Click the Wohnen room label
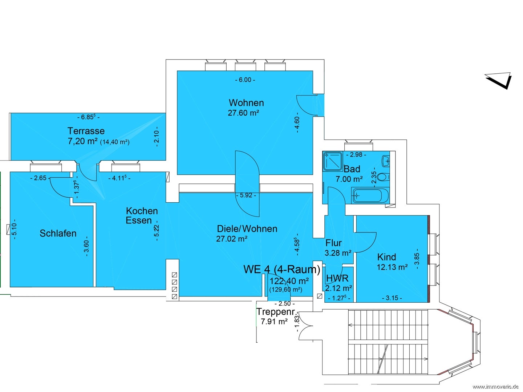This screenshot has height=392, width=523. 246,103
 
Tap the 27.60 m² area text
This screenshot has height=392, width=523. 243,113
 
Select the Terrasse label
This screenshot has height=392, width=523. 86,131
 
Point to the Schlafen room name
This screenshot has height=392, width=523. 58,233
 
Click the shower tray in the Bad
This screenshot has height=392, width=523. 333,161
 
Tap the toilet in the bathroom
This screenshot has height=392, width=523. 383,177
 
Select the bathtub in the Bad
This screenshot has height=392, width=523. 370,196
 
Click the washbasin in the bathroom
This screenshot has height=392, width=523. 386,161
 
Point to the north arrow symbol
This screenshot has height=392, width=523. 499,81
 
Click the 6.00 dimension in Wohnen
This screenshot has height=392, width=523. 245,80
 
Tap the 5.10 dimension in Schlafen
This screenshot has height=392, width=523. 14,229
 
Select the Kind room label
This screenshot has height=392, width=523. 386,257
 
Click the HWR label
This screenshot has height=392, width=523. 337,278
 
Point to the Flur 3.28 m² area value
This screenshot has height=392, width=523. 338,253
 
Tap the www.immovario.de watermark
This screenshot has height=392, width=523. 495,387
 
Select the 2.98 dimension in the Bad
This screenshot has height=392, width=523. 356,155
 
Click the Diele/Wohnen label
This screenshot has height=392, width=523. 247,229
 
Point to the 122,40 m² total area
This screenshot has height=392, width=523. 289,281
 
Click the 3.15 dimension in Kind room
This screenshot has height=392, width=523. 392,298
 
